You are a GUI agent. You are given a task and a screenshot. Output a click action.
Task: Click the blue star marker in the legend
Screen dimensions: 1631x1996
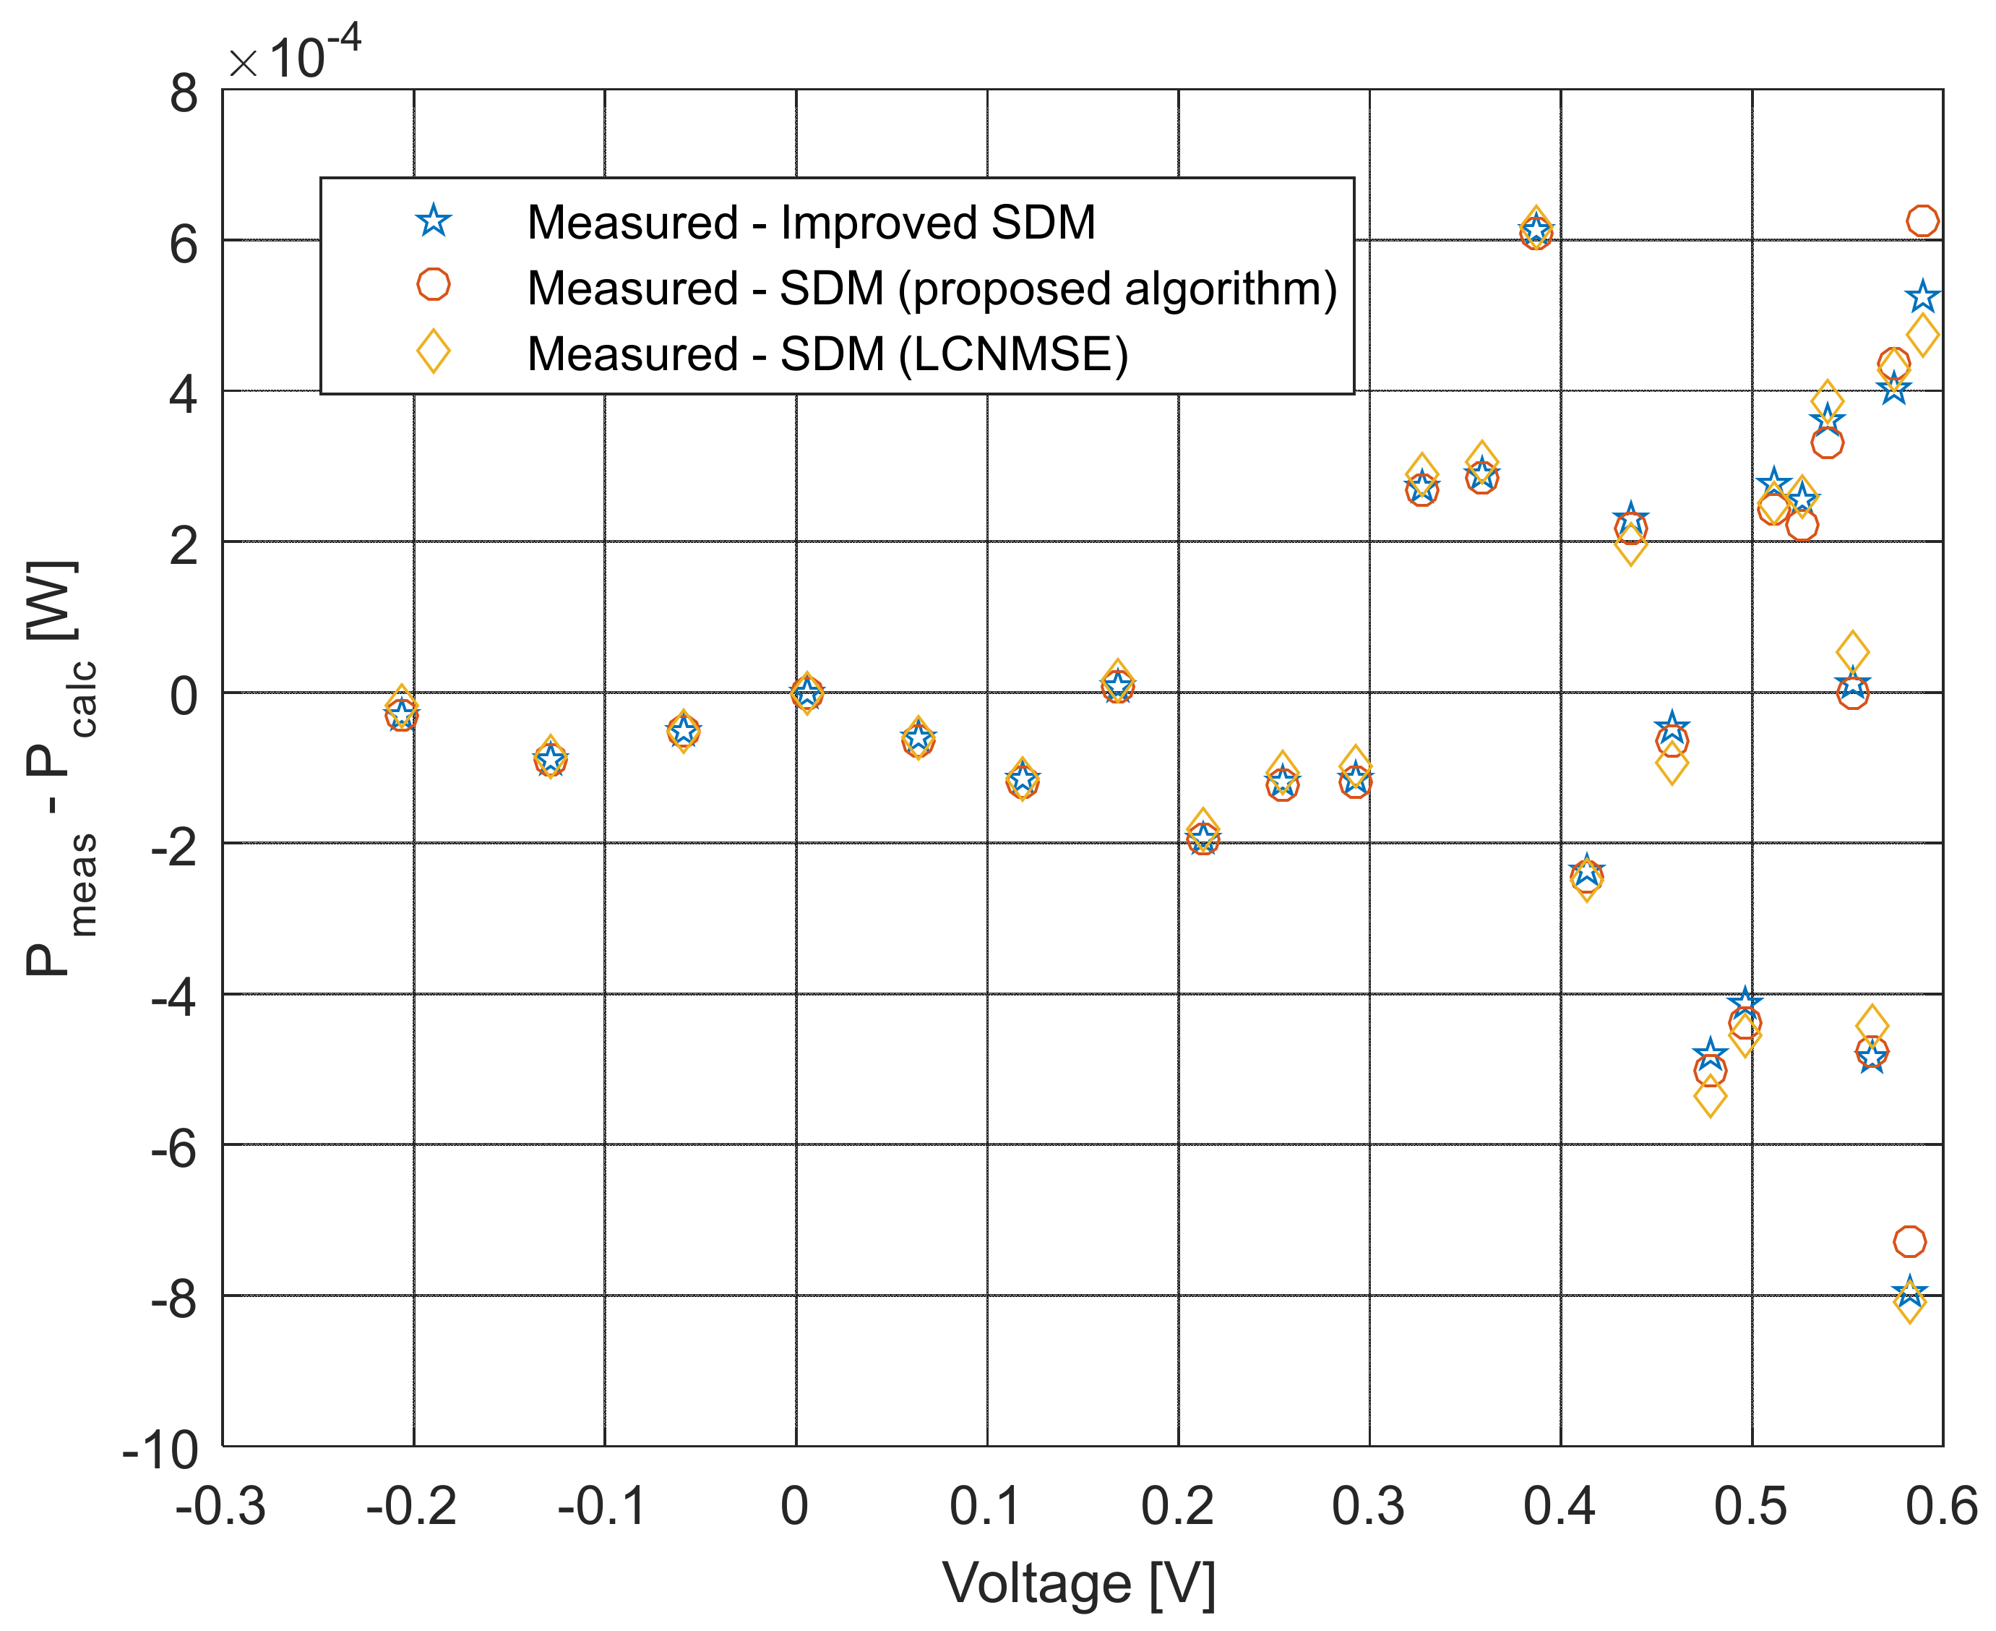tap(433, 222)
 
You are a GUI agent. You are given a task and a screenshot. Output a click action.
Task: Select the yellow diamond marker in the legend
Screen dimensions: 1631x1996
tap(433, 352)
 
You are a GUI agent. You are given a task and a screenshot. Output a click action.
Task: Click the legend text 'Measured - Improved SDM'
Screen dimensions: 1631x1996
tap(811, 223)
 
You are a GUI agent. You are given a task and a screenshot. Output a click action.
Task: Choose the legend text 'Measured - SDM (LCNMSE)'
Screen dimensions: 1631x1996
tap(827, 354)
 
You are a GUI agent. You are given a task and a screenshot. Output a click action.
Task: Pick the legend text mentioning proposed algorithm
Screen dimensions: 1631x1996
tap(932, 288)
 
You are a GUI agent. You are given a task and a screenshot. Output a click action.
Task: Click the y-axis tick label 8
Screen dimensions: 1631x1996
tap(184, 94)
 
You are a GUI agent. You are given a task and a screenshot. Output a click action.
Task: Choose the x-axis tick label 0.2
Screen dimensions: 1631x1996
tap(1178, 1507)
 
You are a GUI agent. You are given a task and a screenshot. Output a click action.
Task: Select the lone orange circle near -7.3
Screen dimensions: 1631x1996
tap(1909, 1242)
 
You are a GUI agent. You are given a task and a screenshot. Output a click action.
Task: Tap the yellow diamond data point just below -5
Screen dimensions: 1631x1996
tap(1711, 1097)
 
